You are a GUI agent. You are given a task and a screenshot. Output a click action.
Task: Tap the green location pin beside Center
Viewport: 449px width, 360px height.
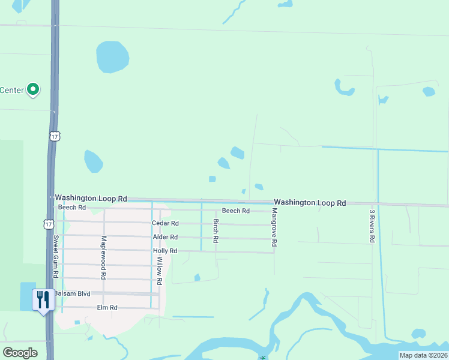pos(34,90)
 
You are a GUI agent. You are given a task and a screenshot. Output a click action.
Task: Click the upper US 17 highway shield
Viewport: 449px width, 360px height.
pos(55,137)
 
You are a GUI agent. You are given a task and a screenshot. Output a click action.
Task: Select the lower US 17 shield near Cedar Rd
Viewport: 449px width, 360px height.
pos(47,224)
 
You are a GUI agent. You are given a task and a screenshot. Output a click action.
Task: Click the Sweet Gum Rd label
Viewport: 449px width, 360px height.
pos(56,255)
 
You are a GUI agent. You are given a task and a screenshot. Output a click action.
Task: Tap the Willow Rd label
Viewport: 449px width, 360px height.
pos(160,271)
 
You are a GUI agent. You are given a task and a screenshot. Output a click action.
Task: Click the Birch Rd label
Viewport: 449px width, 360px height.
pos(216,230)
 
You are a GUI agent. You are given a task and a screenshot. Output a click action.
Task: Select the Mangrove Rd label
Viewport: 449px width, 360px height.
pos(274,229)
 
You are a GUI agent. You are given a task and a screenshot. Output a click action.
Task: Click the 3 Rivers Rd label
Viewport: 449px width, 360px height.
pos(372,226)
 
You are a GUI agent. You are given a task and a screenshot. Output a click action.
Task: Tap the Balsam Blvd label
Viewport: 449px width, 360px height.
pos(72,293)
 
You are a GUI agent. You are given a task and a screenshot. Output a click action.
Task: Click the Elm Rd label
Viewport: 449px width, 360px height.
pos(107,307)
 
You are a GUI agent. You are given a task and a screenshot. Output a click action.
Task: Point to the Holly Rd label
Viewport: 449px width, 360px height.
pos(165,251)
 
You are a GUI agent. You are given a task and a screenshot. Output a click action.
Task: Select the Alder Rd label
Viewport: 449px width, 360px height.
pos(165,238)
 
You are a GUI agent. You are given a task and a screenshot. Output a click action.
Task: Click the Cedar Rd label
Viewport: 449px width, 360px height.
pos(165,223)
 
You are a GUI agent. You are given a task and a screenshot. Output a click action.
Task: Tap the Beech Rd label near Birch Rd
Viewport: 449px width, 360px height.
pos(235,211)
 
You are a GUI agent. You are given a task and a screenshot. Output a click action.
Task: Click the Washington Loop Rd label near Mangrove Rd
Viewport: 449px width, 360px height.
pos(310,203)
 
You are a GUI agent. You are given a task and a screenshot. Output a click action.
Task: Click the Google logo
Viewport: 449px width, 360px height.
pos(20,353)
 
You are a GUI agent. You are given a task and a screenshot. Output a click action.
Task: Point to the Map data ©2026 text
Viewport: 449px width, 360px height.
pos(423,355)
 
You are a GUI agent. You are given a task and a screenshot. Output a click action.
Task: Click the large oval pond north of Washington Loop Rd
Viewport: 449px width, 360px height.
pos(112,57)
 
